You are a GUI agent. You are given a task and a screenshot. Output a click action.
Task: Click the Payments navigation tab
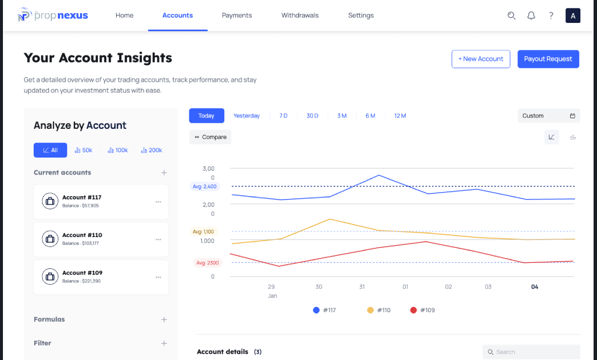coord(237,15)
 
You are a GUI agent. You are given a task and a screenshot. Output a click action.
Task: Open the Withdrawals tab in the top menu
coord(300,15)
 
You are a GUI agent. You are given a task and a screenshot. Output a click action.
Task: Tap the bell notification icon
coord(531,16)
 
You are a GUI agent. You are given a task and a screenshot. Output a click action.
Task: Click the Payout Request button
coord(548,59)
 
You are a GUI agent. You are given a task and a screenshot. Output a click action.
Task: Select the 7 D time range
coord(283,116)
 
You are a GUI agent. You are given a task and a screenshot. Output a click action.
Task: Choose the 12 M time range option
coord(400,116)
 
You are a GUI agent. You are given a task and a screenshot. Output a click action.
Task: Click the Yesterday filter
coord(246,116)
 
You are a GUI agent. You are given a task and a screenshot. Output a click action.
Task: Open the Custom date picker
coord(549,116)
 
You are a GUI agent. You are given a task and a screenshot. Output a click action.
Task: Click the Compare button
coord(210,137)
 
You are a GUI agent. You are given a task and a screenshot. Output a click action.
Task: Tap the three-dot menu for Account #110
coord(158,240)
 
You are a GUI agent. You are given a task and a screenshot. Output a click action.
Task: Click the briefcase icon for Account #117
coord(50,201)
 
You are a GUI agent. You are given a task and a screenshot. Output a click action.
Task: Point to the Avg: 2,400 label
coord(205,186)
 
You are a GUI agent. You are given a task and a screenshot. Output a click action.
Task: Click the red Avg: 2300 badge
coord(207,263)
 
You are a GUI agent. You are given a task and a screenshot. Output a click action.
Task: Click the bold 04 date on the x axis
coord(535,287)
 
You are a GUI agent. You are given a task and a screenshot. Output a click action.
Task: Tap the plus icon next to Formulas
coord(164,320)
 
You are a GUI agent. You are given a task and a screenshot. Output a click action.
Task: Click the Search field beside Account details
coord(531,352)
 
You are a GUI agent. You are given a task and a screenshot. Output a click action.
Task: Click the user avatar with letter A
coord(573,16)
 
